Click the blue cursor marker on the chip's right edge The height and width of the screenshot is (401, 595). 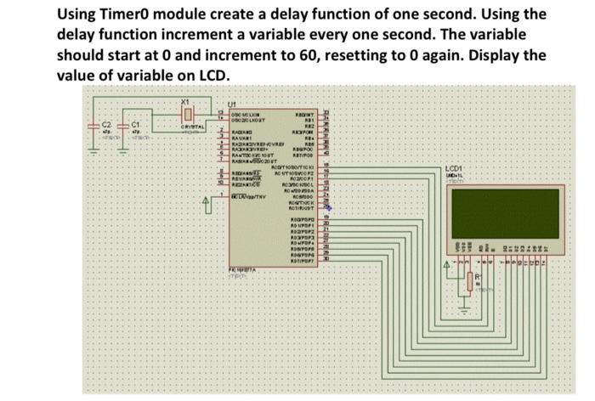click(x=328, y=207)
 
